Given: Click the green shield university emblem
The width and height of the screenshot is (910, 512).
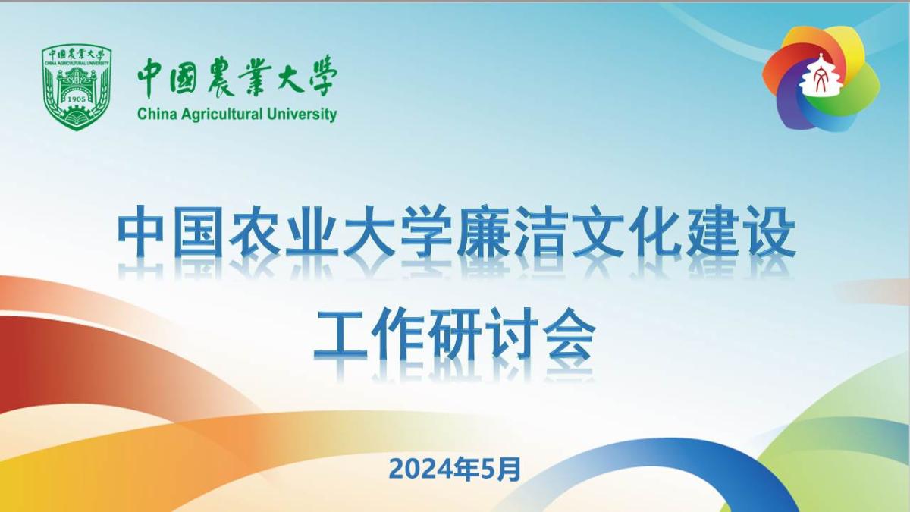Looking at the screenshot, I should (x=77, y=86).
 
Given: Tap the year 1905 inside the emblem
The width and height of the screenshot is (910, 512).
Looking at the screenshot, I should (x=77, y=99).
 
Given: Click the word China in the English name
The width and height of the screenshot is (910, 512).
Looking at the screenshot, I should (x=155, y=115).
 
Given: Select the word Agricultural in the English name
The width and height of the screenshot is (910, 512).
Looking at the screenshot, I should (x=219, y=115).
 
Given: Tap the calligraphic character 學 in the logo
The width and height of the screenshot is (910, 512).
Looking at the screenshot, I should (x=316, y=76).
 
